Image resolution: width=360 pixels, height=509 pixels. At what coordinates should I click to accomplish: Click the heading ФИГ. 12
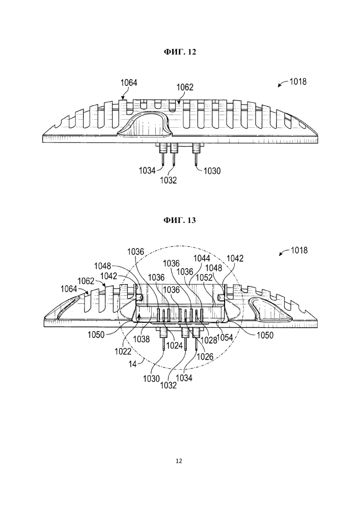(180, 52)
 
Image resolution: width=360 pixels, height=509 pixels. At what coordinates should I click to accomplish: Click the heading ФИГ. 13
(180, 220)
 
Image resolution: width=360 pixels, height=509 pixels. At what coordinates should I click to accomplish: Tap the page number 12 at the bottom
(179, 461)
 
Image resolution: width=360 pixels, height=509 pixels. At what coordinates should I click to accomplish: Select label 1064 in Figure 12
(128, 82)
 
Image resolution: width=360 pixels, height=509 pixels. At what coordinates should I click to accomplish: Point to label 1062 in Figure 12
(184, 88)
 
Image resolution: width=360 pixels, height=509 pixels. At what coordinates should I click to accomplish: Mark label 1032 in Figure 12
(169, 179)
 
